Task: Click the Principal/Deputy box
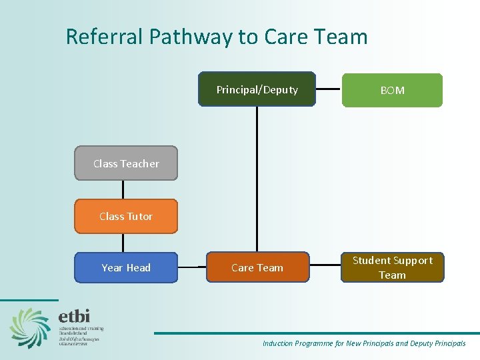257,89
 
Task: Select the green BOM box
392,90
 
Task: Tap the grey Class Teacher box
126,163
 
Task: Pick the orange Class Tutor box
126,216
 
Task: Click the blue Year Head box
126,267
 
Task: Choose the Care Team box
257,267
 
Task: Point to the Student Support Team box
392,267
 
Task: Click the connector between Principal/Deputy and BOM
329,89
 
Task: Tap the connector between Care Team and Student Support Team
325,267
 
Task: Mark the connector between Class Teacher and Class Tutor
123,189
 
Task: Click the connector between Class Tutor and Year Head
123,243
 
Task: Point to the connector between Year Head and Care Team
192,267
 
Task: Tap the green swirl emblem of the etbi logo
30,327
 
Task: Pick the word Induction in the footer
277,343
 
